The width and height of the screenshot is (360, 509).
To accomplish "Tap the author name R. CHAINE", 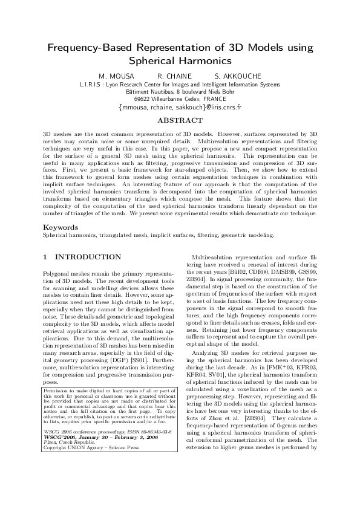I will point(175,76).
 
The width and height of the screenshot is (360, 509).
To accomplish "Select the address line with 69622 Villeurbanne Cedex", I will point(180,99).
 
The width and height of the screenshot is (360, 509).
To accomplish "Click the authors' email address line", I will point(180,108).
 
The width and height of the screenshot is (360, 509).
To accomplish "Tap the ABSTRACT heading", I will point(180,121).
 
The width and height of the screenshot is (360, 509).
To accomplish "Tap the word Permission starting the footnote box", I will point(58,391).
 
